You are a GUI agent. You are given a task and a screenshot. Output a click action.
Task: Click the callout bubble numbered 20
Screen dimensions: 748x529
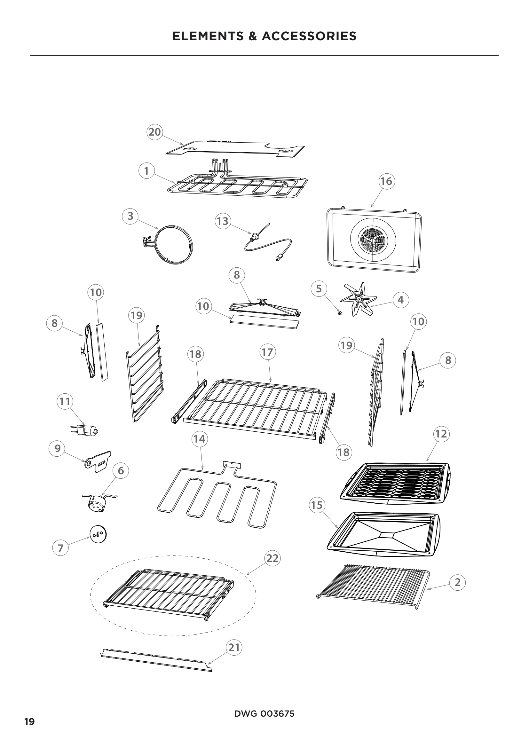(x=155, y=132)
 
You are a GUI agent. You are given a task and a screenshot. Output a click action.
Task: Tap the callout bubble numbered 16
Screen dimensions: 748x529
(x=387, y=181)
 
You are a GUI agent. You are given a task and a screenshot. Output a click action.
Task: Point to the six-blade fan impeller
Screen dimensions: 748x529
(x=358, y=298)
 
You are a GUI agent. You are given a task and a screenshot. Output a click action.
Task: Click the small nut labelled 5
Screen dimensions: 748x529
(x=340, y=313)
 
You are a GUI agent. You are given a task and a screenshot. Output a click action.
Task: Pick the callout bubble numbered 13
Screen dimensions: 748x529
(x=223, y=221)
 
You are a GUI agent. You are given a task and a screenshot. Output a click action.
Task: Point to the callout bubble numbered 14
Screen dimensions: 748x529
(x=200, y=439)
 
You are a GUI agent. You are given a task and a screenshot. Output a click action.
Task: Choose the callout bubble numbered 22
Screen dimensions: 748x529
(x=272, y=558)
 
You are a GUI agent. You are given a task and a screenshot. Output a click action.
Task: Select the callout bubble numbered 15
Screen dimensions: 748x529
(x=317, y=505)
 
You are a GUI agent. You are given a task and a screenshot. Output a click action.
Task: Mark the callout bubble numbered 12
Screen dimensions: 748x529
(x=441, y=434)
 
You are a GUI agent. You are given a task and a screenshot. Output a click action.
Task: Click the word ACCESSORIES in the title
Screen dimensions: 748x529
(x=309, y=36)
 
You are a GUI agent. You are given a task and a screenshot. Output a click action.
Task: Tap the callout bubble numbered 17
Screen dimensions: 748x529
(x=268, y=352)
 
